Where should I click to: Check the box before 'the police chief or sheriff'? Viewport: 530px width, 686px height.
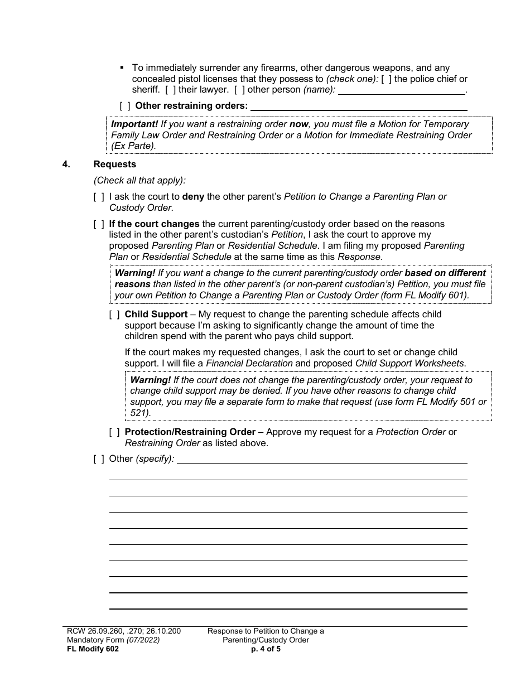coord(386,79)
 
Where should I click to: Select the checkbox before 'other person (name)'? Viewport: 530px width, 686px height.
coord(239,89)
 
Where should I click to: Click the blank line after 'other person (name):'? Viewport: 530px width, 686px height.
coord(401,90)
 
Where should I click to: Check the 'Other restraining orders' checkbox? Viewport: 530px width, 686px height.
coord(126,105)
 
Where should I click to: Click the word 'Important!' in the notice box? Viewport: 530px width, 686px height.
coord(134,124)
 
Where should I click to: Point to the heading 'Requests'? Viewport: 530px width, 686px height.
coord(115,165)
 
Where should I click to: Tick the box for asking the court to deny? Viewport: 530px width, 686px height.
coord(99,197)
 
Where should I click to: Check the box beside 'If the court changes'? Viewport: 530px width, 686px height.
coord(99,224)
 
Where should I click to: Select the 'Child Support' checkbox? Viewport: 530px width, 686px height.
coord(114,315)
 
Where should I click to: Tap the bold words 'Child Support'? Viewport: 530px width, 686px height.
coord(156,315)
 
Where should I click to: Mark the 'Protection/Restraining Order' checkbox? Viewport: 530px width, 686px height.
coord(114,432)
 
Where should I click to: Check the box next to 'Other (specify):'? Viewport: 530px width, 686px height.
coord(99,459)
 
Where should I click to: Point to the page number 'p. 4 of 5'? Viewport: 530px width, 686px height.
coord(266,649)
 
